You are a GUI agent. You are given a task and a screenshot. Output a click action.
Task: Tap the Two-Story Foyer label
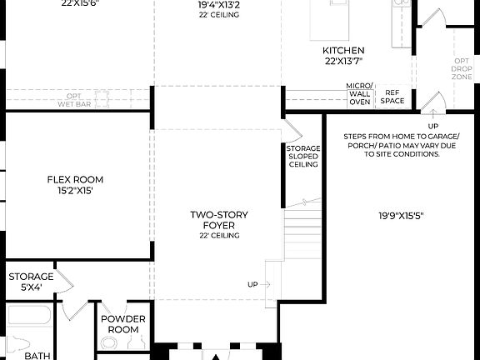[219, 220]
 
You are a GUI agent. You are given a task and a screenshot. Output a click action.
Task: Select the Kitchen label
[343, 50]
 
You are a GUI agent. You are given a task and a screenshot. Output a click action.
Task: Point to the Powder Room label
[123, 324]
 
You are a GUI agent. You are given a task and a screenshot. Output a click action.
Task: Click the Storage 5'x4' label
[31, 282]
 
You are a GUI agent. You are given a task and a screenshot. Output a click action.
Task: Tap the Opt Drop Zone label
[462, 68]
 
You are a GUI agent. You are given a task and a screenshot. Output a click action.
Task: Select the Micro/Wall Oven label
[360, 95]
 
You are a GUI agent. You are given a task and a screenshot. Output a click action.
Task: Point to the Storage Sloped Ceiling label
[303, 157]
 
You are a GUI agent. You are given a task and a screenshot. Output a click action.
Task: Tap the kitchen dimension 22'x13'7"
[343, 61]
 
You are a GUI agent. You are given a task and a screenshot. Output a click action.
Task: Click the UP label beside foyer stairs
[252, 284]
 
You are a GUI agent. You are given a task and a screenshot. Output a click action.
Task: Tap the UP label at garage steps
[432, 126]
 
